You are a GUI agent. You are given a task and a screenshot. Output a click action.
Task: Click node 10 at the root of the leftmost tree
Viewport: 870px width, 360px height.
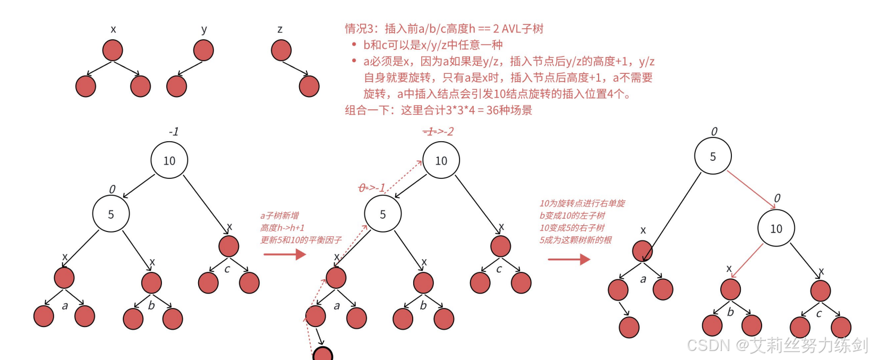169,160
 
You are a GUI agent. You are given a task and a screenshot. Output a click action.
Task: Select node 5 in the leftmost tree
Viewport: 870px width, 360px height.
111,214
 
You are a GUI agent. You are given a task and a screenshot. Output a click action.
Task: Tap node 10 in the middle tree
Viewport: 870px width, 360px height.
441,160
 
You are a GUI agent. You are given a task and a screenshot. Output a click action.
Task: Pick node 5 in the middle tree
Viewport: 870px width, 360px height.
383,214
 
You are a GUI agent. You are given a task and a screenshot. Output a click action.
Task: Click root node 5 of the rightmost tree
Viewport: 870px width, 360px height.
713,156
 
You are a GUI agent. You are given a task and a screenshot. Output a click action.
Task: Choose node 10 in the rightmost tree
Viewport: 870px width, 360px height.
776,228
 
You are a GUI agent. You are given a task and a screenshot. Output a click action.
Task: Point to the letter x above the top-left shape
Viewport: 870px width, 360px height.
113,29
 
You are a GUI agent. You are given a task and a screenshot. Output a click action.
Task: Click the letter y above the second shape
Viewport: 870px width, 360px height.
204,29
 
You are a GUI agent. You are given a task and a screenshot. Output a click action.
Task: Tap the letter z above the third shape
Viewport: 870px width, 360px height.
280,29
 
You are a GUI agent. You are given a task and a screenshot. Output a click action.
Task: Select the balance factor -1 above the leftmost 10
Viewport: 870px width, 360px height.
174,131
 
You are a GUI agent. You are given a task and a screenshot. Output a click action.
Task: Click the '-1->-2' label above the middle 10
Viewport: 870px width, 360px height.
438,131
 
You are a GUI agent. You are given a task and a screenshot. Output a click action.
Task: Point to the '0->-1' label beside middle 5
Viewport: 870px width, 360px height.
372,187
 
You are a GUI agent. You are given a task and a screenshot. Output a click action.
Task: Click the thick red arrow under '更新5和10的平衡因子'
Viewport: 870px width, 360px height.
285,254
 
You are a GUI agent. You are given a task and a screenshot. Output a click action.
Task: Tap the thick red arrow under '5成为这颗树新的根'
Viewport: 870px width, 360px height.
569,259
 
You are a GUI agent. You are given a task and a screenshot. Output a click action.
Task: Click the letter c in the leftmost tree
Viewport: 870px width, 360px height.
227,269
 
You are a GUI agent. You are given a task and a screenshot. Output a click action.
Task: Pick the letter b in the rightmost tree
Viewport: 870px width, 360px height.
730,312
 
